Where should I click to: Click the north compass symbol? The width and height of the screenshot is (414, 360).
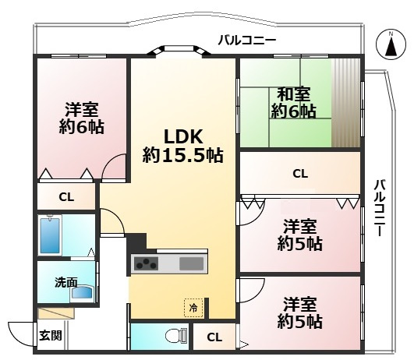[387, 44]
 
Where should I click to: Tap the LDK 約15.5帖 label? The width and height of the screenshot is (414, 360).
[182, 144]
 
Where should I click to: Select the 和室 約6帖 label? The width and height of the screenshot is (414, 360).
[293, 103]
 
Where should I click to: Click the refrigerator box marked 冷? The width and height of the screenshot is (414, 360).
[193, 308]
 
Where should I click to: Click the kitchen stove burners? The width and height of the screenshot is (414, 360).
[146, 263]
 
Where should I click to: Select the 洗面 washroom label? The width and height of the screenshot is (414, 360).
[65, 283]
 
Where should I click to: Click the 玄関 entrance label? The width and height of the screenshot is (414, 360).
[51, 337]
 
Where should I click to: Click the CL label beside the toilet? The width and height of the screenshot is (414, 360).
[214, 337]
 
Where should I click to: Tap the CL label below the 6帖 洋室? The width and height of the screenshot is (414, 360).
[66, 197]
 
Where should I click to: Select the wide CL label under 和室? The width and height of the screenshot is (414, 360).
[299, 174]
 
